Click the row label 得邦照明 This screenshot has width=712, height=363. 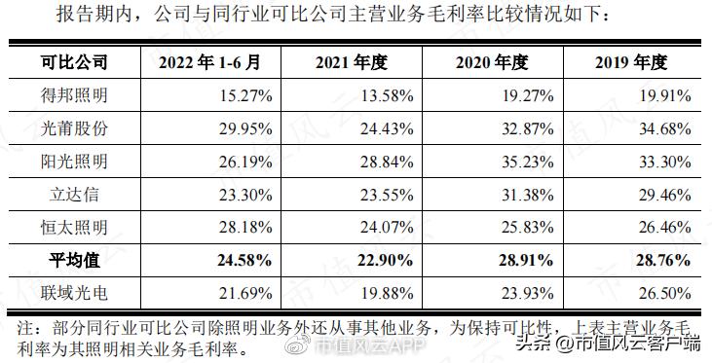click(x=74, y=95)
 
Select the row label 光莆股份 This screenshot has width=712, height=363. click(x=74, y=128)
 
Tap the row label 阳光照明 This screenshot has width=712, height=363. click(x=74, y=162)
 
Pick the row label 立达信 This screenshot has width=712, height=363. click(x=74, y=195)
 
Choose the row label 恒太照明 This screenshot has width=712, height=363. click(x=74, y=228)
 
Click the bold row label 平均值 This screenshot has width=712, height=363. click(x=74, y=261)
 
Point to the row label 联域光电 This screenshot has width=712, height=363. click(x=74, y=293)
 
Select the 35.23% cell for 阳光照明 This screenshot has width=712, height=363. click(x=526, y=162)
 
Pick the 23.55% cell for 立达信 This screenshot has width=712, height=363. click(x=385, y=195)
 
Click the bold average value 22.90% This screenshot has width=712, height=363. click(x=385, y=261)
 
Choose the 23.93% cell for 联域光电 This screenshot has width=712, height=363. click(x=526, y=293)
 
